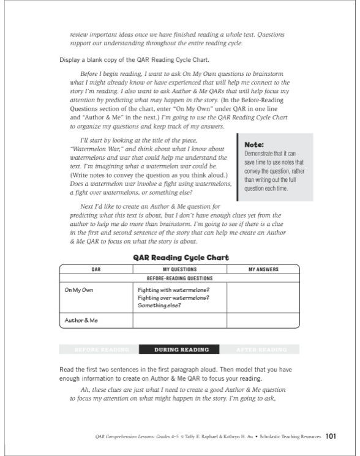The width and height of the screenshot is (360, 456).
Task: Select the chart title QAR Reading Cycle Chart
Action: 181,258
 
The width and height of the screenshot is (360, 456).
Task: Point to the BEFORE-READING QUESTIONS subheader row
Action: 179,277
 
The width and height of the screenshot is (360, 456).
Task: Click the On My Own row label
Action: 79,290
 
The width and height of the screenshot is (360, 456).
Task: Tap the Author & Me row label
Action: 81,320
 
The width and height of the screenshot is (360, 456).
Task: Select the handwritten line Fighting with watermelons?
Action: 173,290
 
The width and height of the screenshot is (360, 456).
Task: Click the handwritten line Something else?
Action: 159,305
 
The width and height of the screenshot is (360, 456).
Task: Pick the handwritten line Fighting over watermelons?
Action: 173,297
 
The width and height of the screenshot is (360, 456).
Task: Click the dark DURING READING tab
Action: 182,349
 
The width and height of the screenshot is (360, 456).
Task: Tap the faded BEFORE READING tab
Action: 101,349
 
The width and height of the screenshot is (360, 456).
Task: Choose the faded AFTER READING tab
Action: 262,349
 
